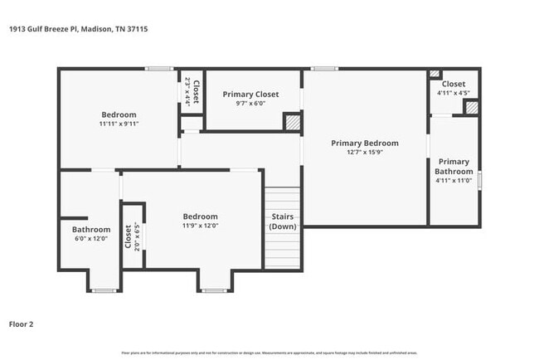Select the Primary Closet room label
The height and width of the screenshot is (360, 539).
[250, 95]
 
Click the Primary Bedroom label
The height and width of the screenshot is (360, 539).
[364, 144]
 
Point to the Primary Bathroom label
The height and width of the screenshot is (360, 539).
[454, 167]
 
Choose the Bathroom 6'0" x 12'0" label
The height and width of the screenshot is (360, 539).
[91, 234]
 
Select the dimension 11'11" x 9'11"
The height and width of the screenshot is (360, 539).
[119, 124]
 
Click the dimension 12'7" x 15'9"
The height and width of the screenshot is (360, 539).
[365, 153]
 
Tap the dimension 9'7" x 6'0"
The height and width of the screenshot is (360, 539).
[250, 104]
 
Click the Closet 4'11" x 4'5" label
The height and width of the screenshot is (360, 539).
[453, 88]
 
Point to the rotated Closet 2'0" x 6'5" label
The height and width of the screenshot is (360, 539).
[132, 236]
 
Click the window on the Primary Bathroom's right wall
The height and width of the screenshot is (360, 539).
[479, 179]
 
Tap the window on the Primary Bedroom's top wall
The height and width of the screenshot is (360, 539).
[324, 68]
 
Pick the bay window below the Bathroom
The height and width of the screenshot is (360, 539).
[103, 289]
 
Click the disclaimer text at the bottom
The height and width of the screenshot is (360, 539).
[269, 353]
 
